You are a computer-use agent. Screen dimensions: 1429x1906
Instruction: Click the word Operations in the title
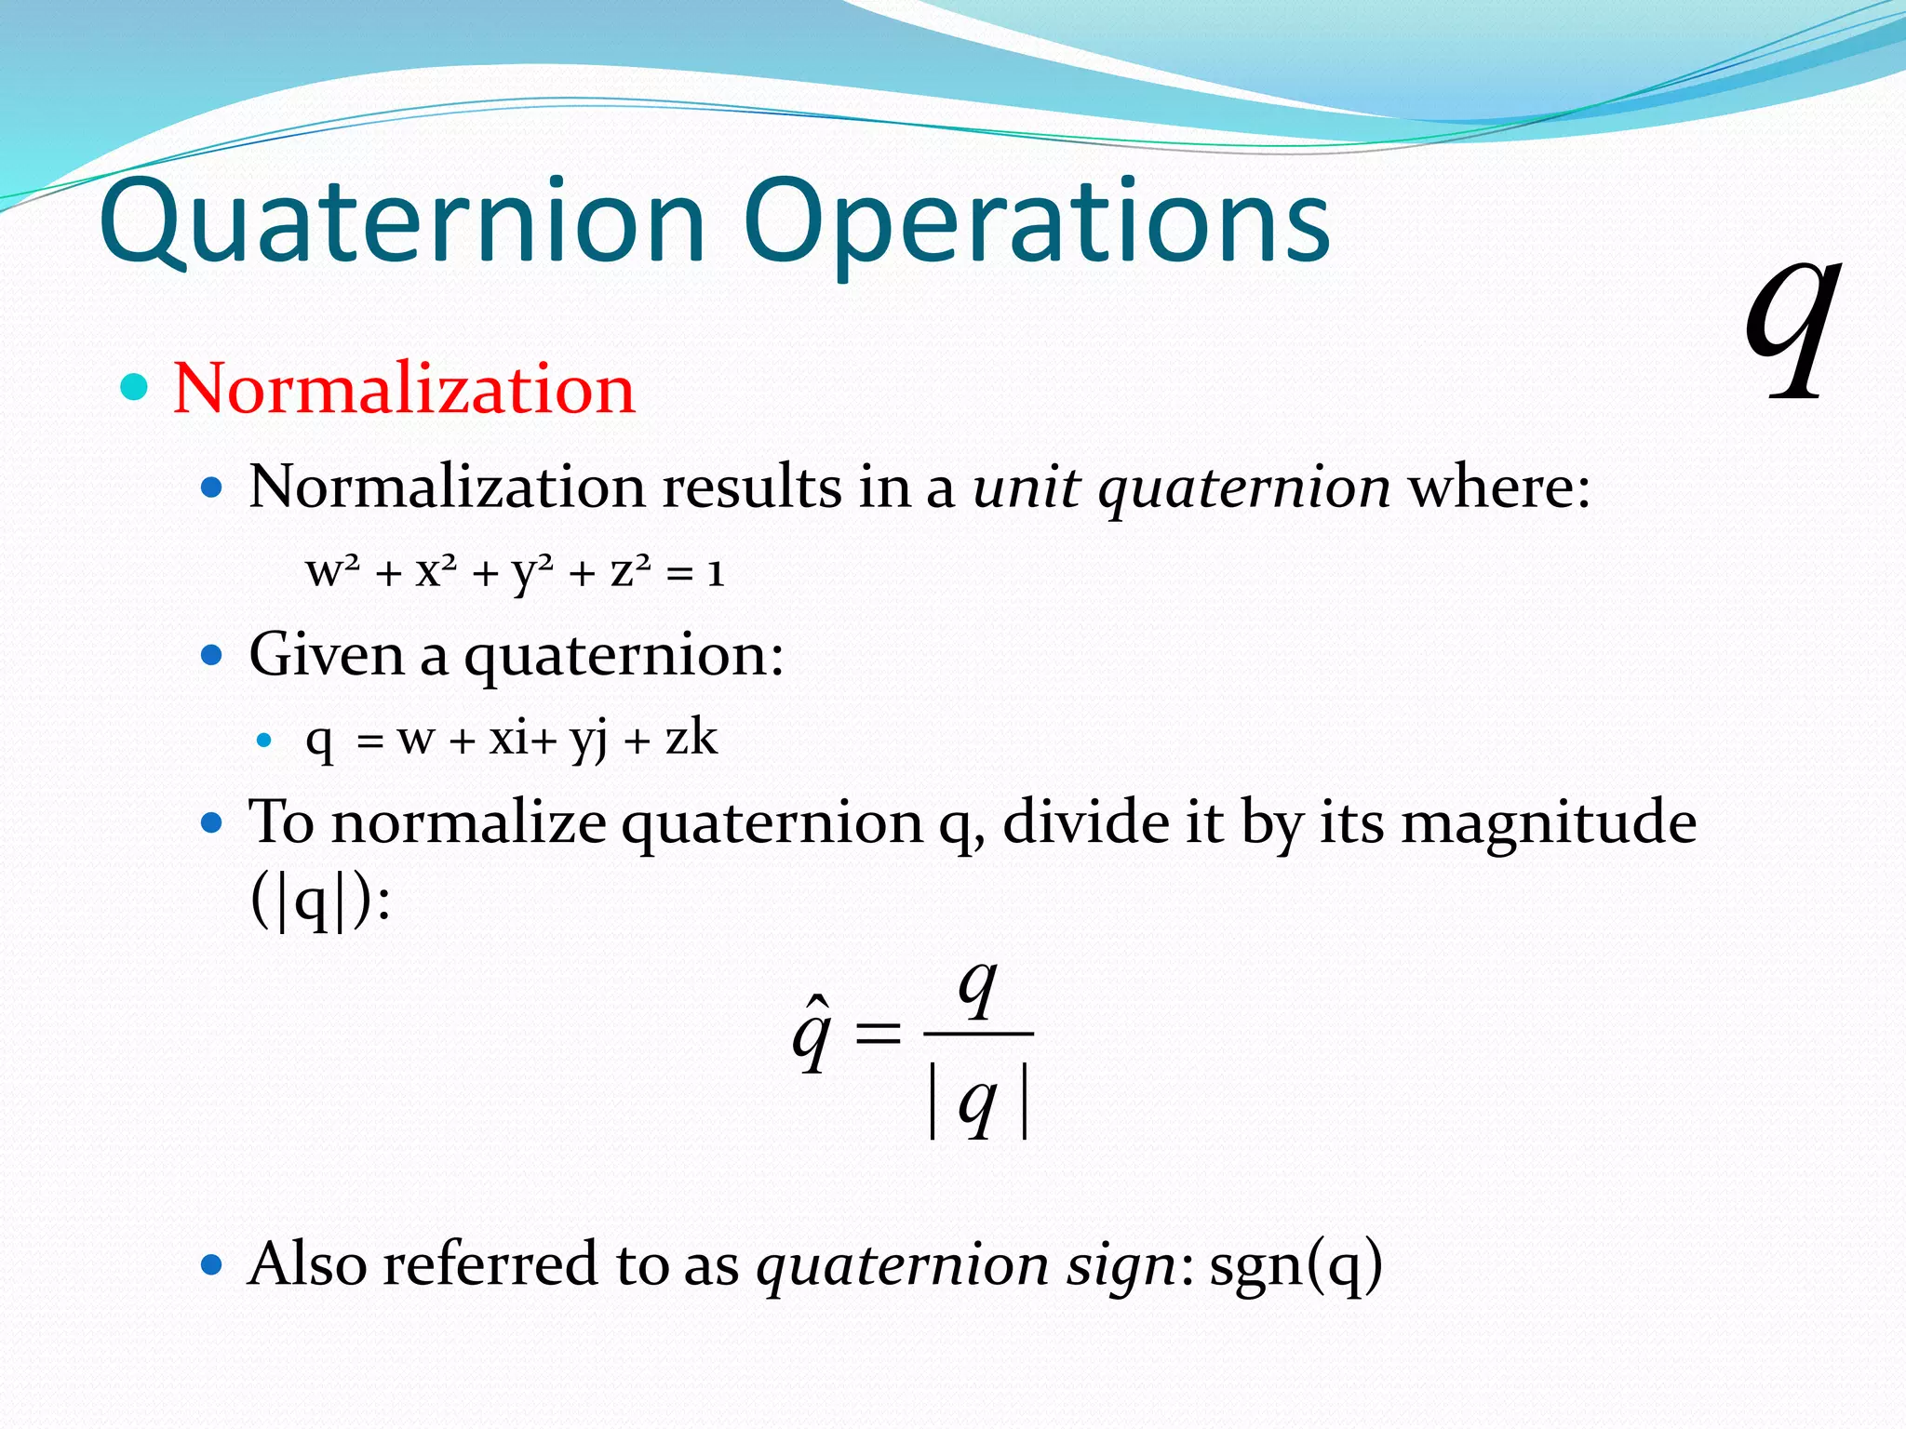(x=1037, y=223)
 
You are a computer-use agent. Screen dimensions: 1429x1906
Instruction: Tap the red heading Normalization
(x=403, y=388)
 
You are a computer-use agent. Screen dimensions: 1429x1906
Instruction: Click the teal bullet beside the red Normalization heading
(x=135, y=387)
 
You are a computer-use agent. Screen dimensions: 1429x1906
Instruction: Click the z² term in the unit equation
(x=630, y=571)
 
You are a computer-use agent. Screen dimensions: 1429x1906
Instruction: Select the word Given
(x=327, y=654)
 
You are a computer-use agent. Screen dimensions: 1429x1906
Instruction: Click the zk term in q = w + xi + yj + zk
(x=691, y=739)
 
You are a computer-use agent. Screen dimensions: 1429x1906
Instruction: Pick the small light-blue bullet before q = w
(x=264, y=741)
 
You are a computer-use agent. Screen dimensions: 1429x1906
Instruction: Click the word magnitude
(x=1549, y=822)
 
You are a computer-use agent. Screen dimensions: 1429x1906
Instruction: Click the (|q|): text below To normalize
(x=320, y=901)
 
